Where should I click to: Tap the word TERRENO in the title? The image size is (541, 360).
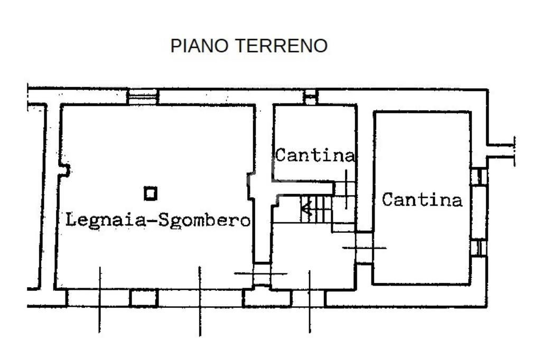(x=281, y=46)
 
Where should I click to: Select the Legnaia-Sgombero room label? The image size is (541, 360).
(x=157, y=220)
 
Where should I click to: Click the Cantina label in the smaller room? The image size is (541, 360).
(x=315, y=156)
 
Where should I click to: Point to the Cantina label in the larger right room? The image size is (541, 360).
(x=422, y=200)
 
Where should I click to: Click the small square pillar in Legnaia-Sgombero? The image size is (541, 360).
(x=151, y=194)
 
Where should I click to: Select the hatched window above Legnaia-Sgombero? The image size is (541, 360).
(x=143, y=96)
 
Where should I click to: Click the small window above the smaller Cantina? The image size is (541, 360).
(x=310, y=97)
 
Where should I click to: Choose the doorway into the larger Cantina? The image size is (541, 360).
(x=364, y=247)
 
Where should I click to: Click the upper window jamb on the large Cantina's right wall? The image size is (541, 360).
(x=478, y=176)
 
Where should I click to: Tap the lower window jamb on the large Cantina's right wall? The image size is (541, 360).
(x=478, y=248)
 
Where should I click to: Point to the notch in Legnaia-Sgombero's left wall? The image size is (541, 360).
(x=64, y=170)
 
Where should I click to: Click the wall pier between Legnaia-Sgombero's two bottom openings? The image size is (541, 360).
(x=144, y=298)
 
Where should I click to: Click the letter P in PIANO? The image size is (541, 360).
(x=175, y=46)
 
